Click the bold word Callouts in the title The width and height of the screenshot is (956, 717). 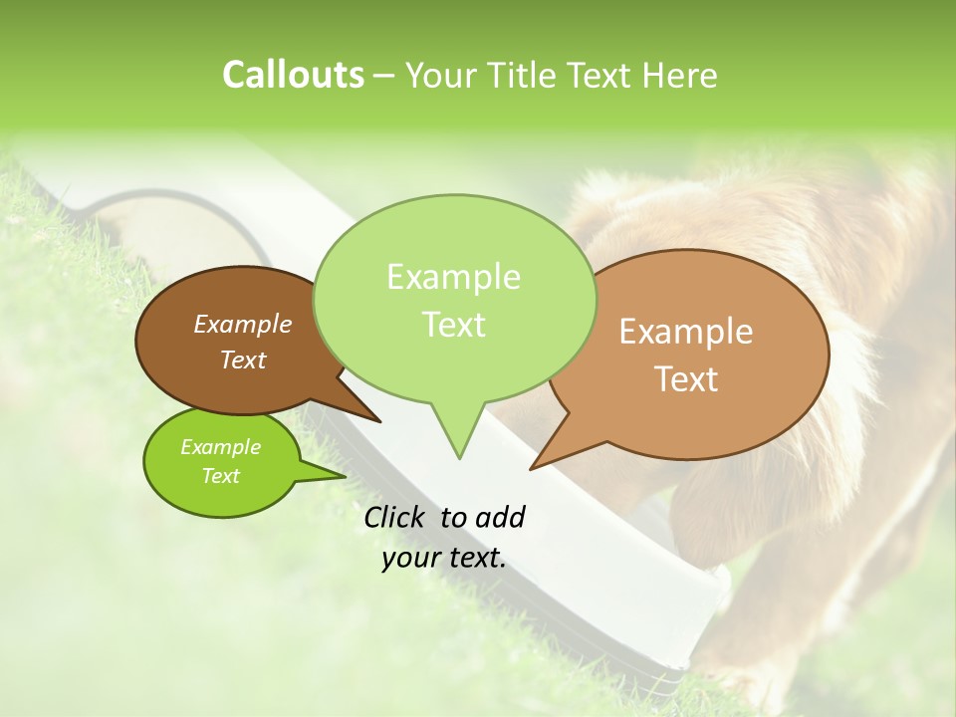pyautogui.click(x=293, y=75)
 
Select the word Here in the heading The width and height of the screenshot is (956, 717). pyautogui.click(x=680, y=75)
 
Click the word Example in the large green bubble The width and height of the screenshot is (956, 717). pyautogui.click(x=453, y=277)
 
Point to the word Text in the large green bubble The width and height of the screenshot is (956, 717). pyautogui.click(x=453, y=325)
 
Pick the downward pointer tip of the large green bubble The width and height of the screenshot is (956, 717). pyautogui.click(x=459, y=456)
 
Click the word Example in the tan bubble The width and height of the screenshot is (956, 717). pyautogui.click(x=686, y=332)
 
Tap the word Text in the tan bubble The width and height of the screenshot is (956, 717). pyautogui.click(x=686, y=379)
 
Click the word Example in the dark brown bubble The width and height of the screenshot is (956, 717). pyautogui.click(x=242, y=324)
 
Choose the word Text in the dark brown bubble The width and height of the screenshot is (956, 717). pyautogui.click(x=242, y=359)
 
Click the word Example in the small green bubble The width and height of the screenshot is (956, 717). pyautogui.click(x=220, y=447)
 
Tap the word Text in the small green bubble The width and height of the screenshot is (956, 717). pyautogui.click(x=220, y=476)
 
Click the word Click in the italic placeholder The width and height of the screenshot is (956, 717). pyautogui.click(x=396, y=517)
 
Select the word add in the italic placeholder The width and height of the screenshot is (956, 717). pyautogui.click(x=500, y=517)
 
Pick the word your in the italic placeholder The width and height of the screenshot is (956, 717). pyautogui.click(x=410, y=559)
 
